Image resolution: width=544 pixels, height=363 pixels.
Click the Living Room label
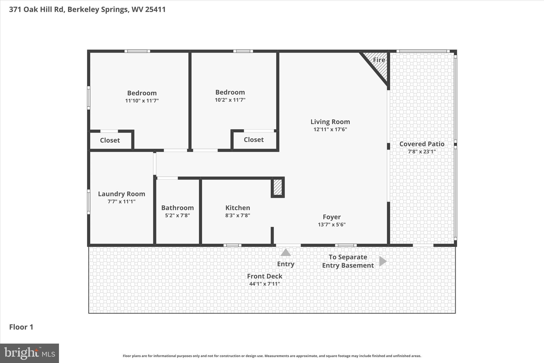pyautogui.click(x=330, y=122)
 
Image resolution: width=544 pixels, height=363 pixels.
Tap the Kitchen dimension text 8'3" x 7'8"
pyautogui.click(x=237, y=215)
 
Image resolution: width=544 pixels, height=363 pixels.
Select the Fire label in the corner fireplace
pyautogui.click(x=379, y=60)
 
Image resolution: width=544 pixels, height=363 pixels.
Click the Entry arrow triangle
pyautogui.click(x=286, y=253)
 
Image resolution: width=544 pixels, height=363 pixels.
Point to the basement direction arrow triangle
pyautogui.click(x=382, y=261)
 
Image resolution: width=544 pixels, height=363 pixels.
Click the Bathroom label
pyautogui.click(x=177, y=208)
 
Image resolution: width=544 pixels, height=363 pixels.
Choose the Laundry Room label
pyautogui.click(x=121, y=194)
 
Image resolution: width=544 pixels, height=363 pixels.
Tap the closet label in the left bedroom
pyautogui.click(x=110, y=140)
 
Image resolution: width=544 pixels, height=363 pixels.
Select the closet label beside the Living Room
pyautogui.click(x=254, y=140)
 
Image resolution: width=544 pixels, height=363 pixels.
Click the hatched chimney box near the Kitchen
pyautogui.click(x=278, y=187)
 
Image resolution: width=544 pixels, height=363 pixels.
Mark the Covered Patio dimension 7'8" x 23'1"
pyautogui.click(x=422, y=152)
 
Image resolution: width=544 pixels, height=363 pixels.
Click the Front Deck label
pyautogui.click(x=265, y=276)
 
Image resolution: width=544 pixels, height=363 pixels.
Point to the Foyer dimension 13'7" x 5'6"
pyautogui.click(x=331, y=224)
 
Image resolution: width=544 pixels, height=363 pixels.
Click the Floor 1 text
pyautogui.click(x=21, y=327)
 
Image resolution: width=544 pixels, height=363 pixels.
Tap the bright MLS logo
pyautogui.click(x=29, y=353)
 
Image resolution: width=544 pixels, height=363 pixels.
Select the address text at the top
pyautogui.click(x=87, y=10)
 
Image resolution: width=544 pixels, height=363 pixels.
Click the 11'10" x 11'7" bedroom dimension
pyautogui.click(x=142, y=101)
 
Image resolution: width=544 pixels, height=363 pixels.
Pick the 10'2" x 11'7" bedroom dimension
pyautogui.click(x=230, y=100)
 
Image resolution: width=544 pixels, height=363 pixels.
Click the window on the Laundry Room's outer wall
pyautogui.click(x=89, y=202)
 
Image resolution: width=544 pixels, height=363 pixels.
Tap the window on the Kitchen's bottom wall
pyautogui.click(x=232, y=245)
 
